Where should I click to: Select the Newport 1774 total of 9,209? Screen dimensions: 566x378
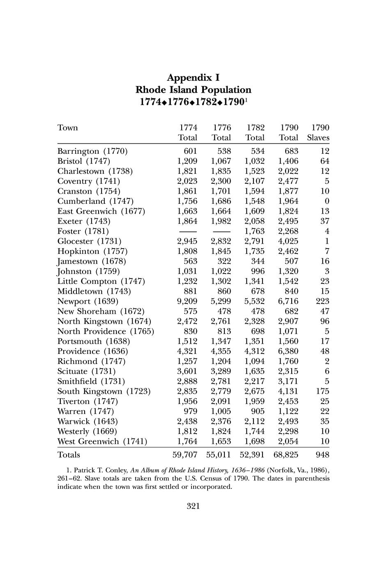point(187,301)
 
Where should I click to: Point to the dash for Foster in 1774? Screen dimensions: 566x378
point(187,231)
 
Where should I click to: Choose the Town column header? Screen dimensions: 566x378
point(67,128)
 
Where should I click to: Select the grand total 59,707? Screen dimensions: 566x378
point(184,455)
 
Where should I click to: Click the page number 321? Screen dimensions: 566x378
point(193,506)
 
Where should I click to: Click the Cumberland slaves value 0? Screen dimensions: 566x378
point(327,201)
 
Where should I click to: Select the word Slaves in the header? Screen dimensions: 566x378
point(318,138)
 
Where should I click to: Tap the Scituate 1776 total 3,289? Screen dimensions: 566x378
point(221,371)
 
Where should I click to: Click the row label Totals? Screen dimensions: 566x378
point(69,455)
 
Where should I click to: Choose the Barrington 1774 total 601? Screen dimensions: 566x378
point(190,151)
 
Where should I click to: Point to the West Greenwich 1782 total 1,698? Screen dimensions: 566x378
point(254,441)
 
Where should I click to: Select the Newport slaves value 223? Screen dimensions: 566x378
point(322,301)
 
